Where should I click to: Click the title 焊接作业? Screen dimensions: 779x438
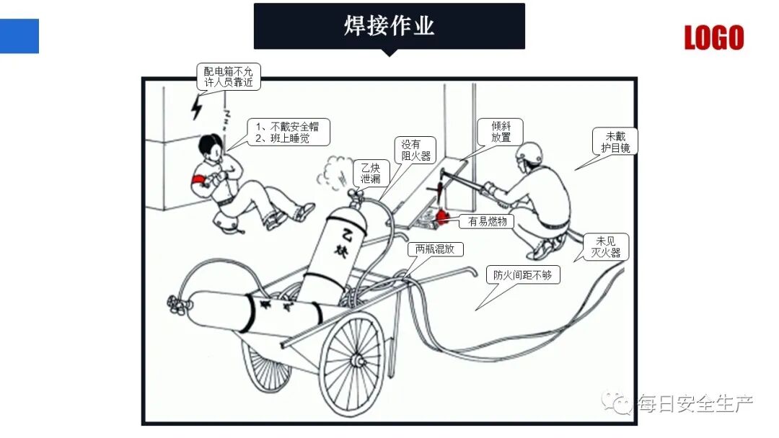(389, 26)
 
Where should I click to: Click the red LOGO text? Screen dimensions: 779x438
(713, 37)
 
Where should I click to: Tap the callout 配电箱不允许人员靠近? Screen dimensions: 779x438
(229, 76)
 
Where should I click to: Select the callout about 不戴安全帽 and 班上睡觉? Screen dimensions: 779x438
(288, 132)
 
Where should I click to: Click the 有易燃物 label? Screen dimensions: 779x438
(488, 222)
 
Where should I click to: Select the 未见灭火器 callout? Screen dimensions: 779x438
(605, 246)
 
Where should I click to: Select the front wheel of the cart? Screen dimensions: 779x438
(353, 359)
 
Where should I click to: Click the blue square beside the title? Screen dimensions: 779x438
(19, 36)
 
